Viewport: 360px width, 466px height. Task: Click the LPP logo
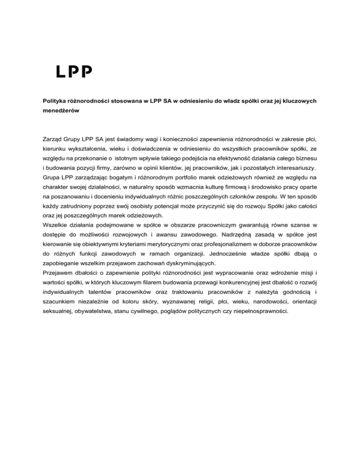tap(74, 71)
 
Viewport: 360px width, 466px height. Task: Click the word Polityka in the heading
tap(52, 101)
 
